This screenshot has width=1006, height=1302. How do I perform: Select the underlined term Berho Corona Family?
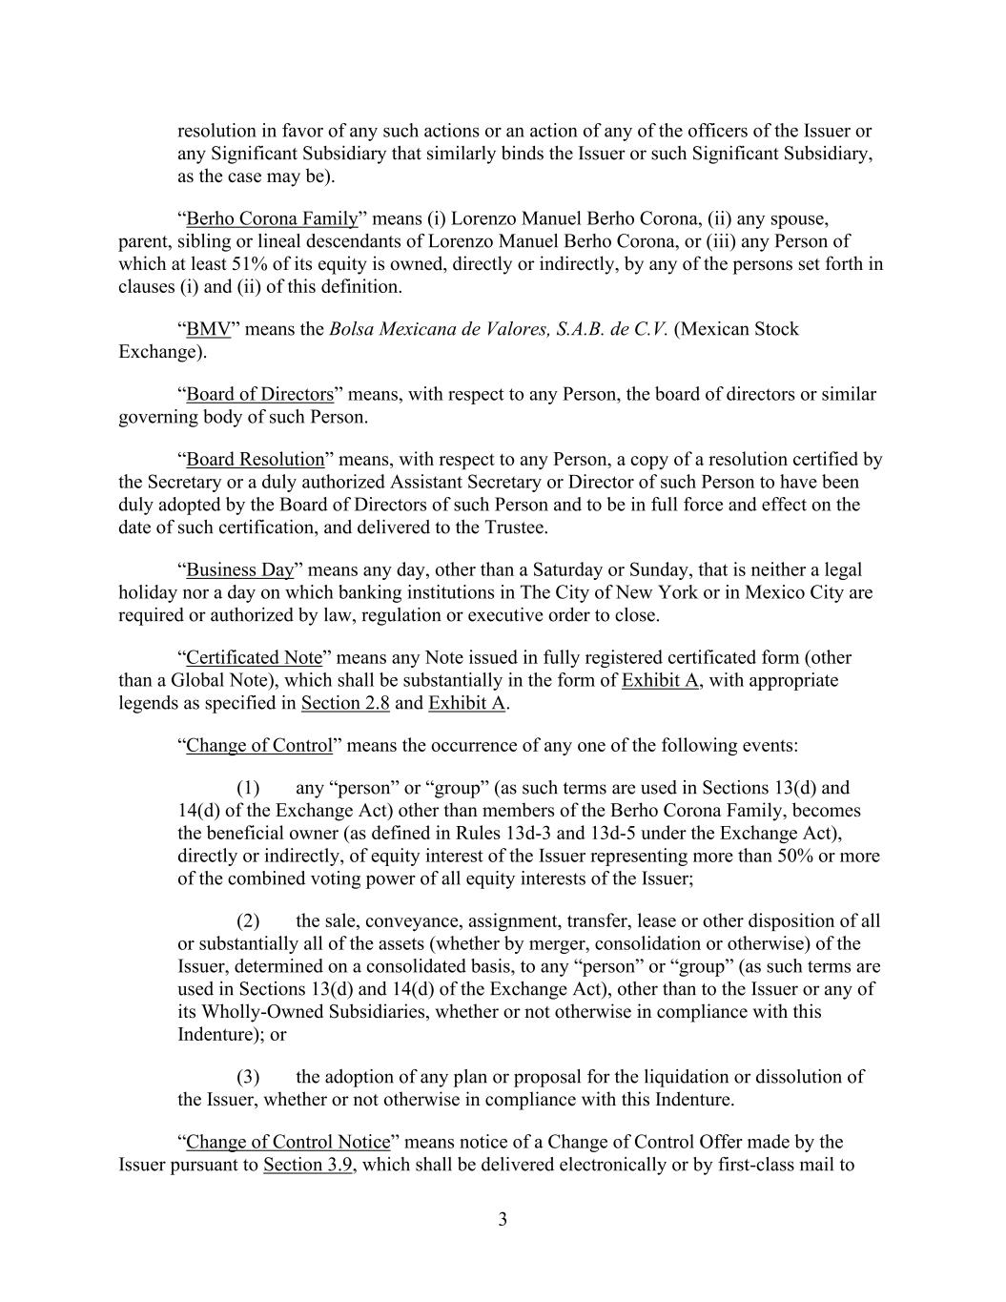[x=272, y=218]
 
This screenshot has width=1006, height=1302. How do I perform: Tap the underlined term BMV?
[x=208, y=329]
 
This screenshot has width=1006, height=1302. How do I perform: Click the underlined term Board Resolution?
[x=255, y=459]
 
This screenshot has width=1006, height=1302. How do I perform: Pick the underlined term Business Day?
[x=239, y=569]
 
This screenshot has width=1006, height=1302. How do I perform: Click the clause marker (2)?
[x=248, y=920]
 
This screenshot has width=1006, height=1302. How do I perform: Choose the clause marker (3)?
[x=248, y=1077]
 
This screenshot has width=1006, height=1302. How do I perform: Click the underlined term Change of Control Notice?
[x=288, y=1142]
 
